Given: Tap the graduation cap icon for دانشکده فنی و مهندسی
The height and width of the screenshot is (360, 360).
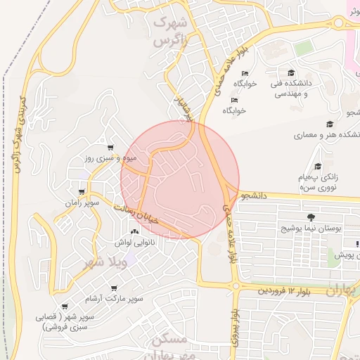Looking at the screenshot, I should [291, 72].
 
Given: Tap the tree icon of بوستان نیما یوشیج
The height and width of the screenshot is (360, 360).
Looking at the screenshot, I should [311, 217].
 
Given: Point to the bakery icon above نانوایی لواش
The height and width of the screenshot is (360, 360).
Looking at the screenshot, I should [134, 231].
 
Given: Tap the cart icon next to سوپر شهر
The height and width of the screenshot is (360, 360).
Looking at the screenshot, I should [65, 307].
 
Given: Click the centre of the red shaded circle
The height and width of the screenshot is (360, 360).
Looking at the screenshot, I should [180, 180].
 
